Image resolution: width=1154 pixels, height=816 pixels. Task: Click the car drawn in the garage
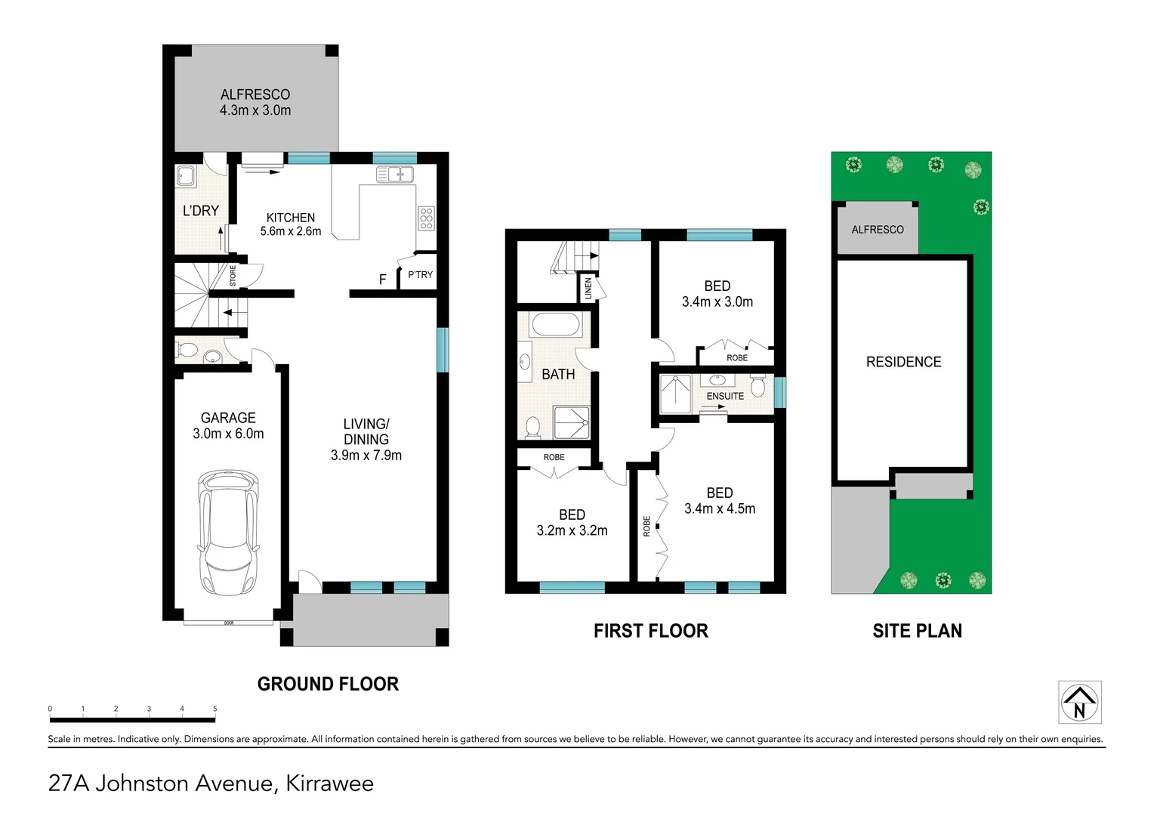(228, 533)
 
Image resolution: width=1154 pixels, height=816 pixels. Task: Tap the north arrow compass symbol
(1080, 702)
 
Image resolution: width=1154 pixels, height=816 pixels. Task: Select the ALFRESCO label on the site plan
(878, 230)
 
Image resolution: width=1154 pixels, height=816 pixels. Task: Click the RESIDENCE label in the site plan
(903, 362)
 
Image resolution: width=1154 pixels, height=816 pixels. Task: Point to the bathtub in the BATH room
(557, 326)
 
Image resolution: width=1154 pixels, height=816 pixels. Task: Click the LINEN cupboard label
(588, 289)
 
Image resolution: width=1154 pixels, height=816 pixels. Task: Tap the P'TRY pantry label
(421, 275)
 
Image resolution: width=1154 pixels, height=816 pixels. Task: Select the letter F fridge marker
(383, 280)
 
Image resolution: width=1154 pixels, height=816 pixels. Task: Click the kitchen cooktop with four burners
(427, 218)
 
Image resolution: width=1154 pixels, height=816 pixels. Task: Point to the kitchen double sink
(395, 175)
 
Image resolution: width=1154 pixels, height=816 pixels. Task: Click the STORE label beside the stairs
(233, 276)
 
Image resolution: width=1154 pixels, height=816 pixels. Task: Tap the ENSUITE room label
(725, 396)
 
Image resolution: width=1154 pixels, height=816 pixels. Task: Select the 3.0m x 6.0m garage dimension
(228, 434)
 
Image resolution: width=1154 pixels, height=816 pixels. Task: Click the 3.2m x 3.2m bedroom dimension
(572, 530)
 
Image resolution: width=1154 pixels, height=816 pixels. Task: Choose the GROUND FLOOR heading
(329, 684)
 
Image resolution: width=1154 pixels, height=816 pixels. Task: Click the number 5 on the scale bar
(214, 709)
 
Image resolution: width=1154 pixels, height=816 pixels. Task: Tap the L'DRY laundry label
(201, 211)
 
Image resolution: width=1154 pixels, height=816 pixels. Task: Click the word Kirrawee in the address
(330, 784)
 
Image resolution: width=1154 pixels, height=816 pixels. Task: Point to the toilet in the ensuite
(758, 386)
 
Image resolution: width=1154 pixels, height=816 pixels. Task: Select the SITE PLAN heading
(917, 631)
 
